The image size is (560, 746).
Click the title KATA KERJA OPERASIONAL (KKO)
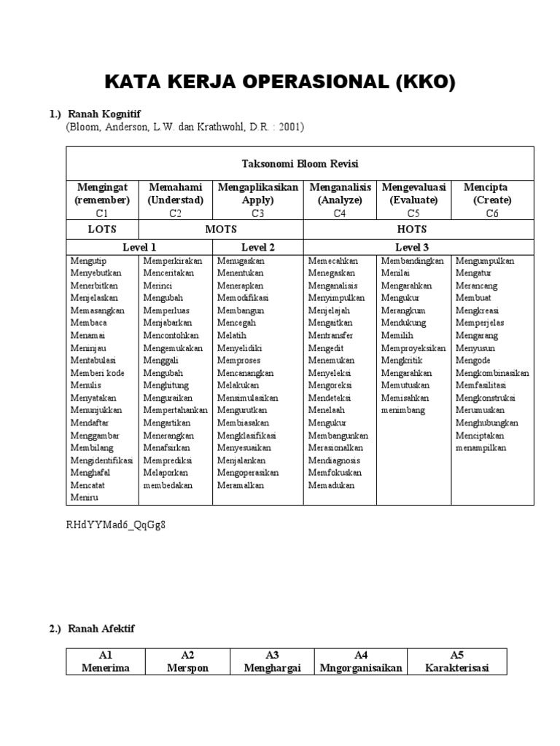coord(280,82)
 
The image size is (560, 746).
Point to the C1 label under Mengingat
coord(101,213)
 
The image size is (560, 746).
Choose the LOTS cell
coord(102,229)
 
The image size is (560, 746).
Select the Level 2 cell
coord(257,247)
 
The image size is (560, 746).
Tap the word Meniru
coord(84,498)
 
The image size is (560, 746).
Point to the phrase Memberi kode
coord(97,373)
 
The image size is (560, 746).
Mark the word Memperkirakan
coord(173,261)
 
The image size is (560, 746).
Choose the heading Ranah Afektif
coord(101,629)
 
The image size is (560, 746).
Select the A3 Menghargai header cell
coord(273,661)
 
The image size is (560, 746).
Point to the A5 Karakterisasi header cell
coord(457,661)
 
